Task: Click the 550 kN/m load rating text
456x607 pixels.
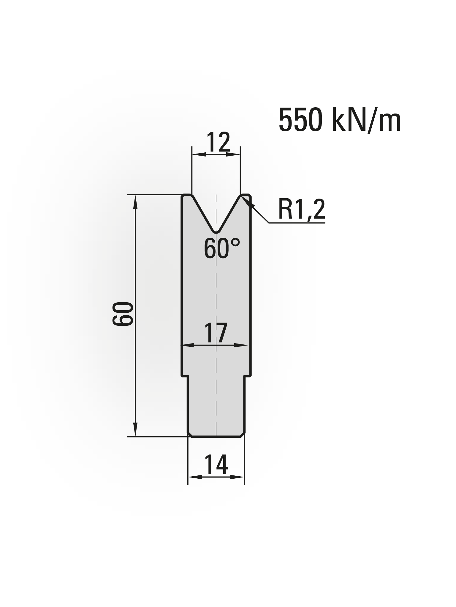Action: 340,120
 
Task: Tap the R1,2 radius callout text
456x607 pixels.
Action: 301,210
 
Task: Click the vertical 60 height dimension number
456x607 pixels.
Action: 123,314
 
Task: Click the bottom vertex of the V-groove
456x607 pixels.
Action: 216,231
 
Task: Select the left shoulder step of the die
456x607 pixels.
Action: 185,376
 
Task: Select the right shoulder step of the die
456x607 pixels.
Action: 248,376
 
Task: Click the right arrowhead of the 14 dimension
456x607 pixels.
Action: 240,477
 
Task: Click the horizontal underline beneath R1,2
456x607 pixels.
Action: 297,223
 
